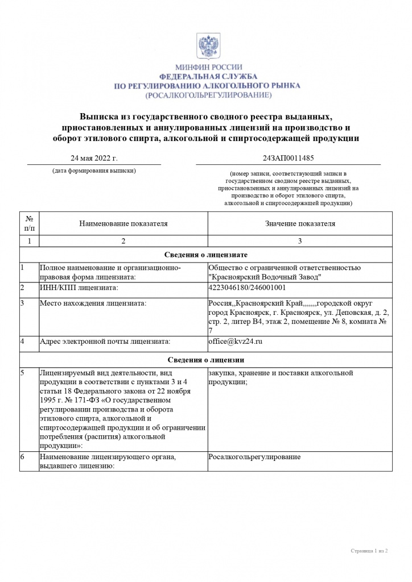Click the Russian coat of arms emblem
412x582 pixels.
(x=205, y=46)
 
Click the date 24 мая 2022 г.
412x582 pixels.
(x=94, y=158)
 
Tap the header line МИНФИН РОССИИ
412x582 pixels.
(x=208, y=67)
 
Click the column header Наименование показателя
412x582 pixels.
(x=123, y=223)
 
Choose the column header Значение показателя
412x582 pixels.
(x=300, y=223)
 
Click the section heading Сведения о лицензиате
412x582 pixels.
(x=205, y=255)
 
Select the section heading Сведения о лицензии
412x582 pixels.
(x=205, y=360)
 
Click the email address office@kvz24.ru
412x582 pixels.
(x=236, y=342)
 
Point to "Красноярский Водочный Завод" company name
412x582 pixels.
(x=265, y=277)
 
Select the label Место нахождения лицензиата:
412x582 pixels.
(x=92, y=304)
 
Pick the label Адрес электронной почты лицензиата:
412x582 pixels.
(x=105, y=342)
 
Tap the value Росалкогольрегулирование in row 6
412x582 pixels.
(x=254, y=457)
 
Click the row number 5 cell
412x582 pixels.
(x=22, y=373)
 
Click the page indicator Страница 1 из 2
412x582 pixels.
(x=369, y=551)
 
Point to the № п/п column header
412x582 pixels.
(x=29, y=223)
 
